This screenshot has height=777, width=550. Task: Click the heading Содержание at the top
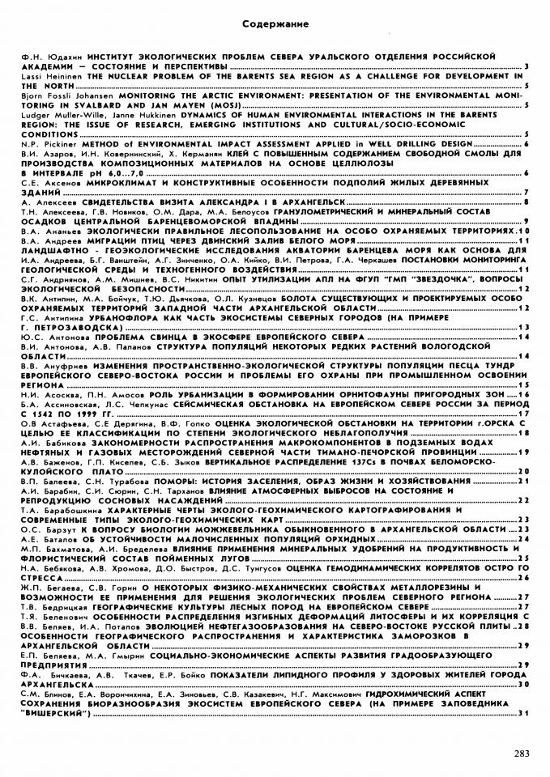point(275,27)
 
